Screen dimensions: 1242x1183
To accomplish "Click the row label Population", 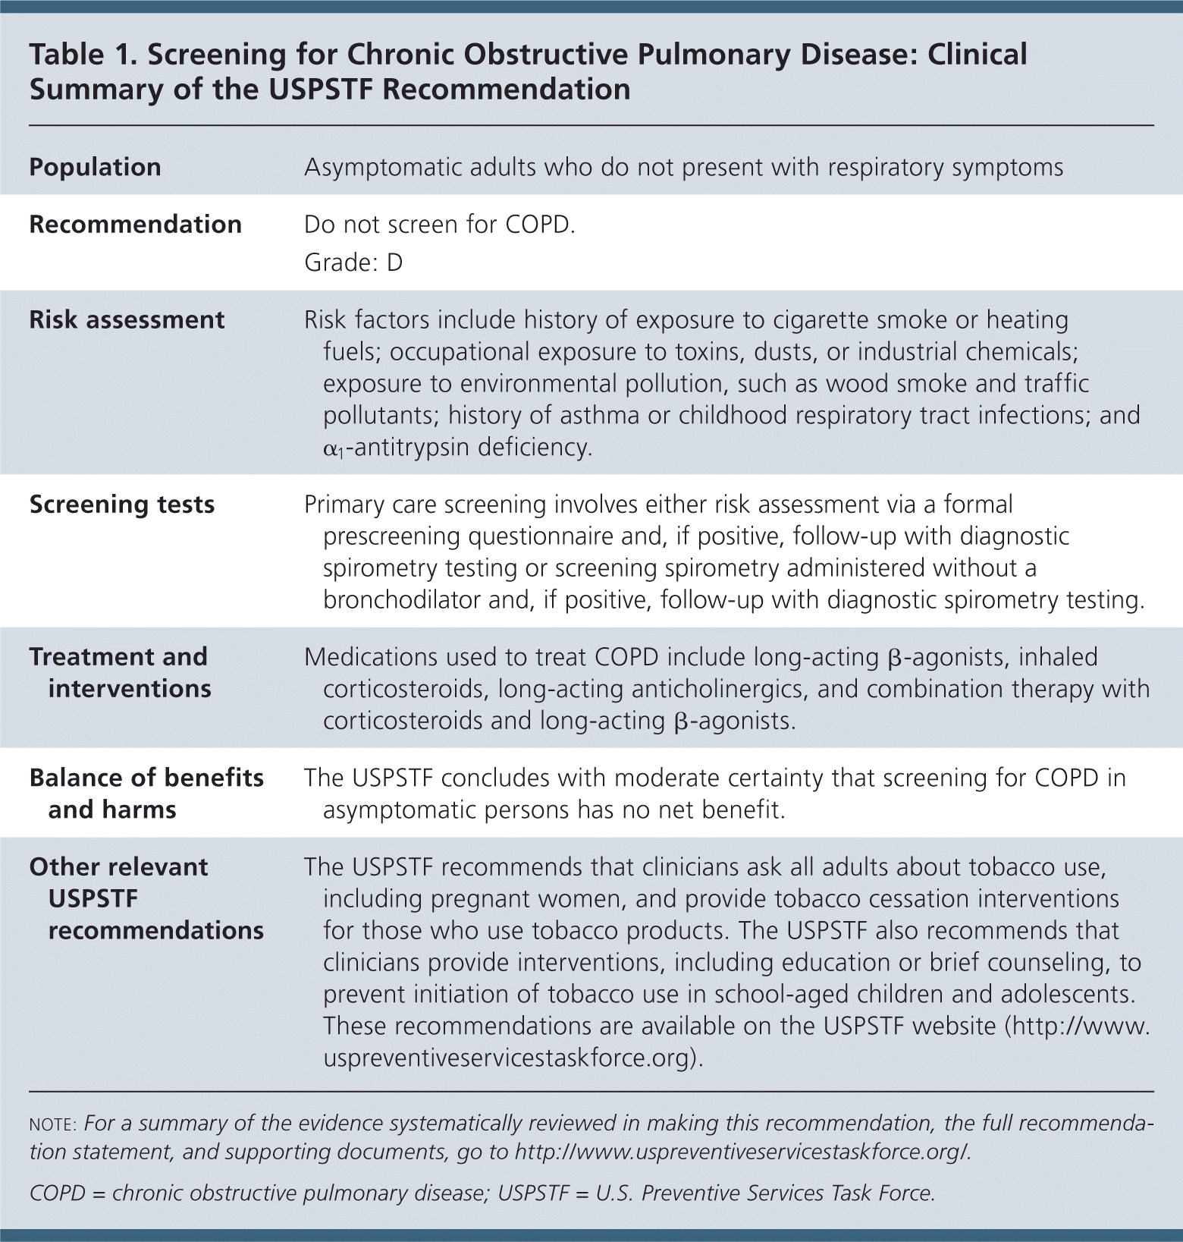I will click(95, 167).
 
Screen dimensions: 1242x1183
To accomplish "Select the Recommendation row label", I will click(135, 225).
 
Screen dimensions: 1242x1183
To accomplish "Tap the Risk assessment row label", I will click(127, 320).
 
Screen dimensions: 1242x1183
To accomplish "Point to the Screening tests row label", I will click(122, 505).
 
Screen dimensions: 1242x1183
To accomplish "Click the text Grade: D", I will click(353, 263).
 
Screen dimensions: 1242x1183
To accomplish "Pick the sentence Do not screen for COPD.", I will click(439, 225).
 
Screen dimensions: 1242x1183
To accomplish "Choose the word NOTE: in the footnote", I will click(52, 1124).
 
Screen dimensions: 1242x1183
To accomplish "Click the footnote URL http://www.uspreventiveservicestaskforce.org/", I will click(742, 1152).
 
